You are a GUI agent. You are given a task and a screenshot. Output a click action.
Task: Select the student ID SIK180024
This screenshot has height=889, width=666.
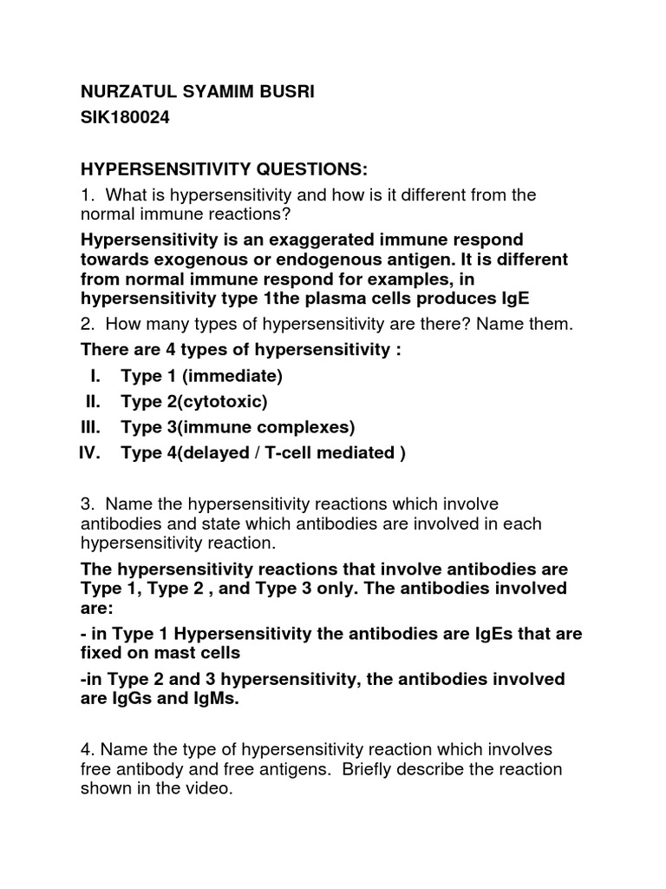coord(125,119)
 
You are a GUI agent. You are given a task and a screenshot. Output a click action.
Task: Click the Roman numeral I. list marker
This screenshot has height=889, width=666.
coord(95,376)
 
